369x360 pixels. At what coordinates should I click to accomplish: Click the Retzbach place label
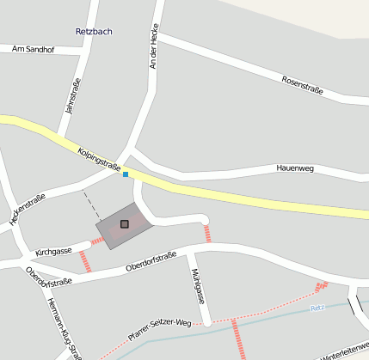(94, 32)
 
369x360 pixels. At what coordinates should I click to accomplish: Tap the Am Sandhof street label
(34, 50)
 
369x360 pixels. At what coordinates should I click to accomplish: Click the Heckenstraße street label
(27, 210)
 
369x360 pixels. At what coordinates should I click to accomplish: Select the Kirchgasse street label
(53, 253)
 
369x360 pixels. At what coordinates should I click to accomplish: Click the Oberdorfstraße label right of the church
(151, 260)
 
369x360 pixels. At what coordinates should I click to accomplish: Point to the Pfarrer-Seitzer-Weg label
(158, 331)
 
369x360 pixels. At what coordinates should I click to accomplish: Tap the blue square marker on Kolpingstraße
(126, 174)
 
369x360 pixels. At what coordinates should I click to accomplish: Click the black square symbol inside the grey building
(125, 224)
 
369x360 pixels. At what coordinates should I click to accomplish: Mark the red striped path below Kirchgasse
(84, 261)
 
